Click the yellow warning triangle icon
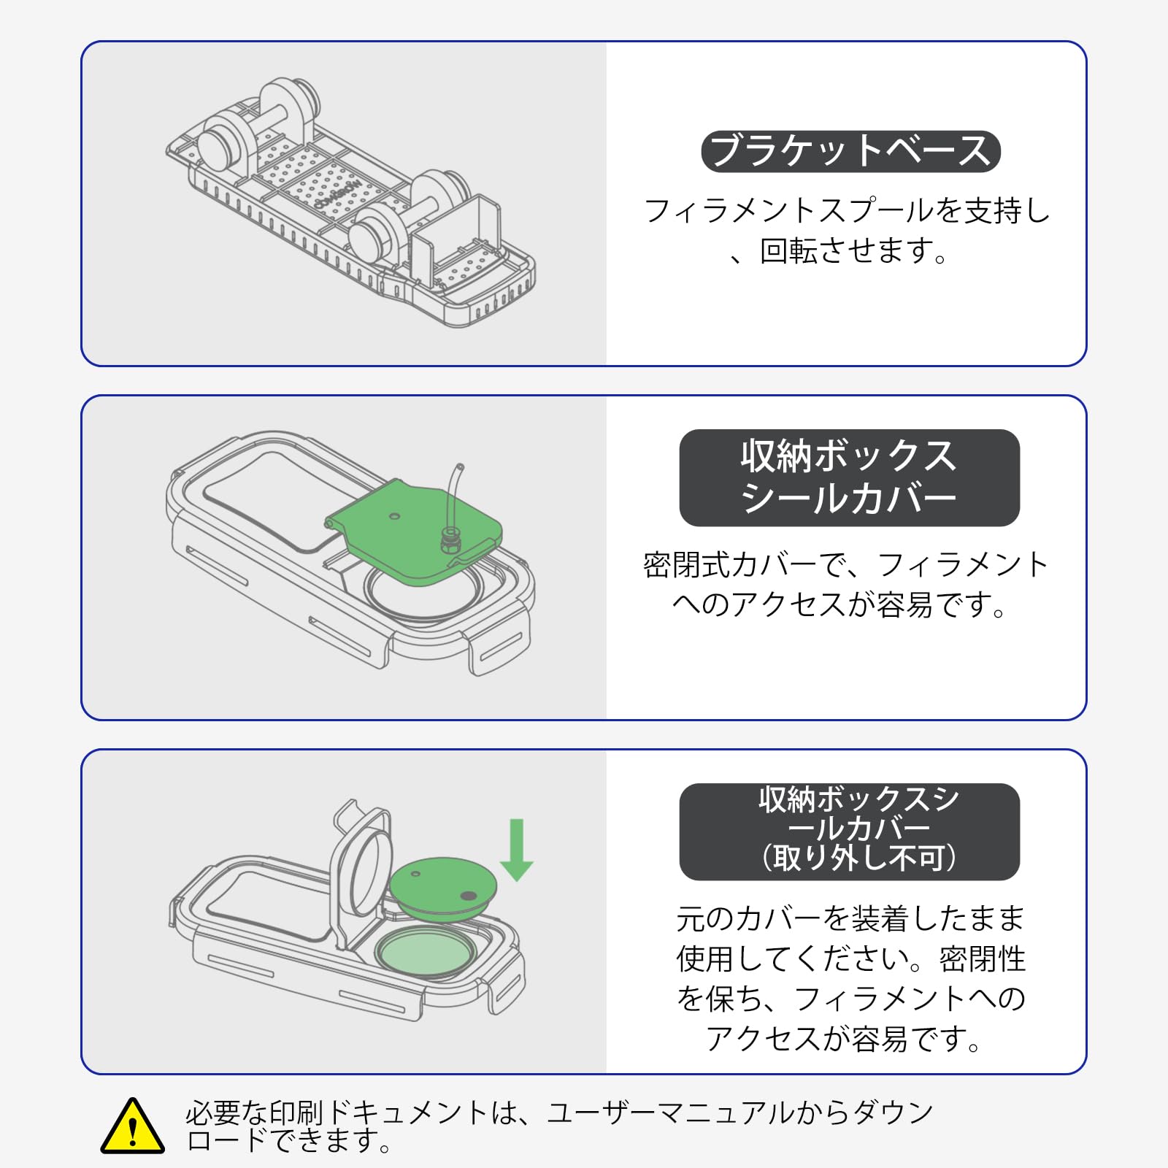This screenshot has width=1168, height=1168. click(x=132, y=1128)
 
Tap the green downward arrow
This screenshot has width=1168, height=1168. click(x=517, y=851)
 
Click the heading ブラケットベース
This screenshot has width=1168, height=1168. click(x=850, y=151)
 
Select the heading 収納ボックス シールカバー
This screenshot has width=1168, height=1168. click(x=849, y=477)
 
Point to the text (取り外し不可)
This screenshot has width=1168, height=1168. click(x=858, y=858)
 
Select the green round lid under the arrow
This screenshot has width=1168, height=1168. click(x=442, y=887)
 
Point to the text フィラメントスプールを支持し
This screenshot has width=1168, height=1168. click(x=847, y=211)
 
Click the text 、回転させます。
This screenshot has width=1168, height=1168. click(x=839, y=251)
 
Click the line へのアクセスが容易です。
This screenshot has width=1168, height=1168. click(x=839, y=605)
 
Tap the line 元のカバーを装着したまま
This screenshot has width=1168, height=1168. click(x=850, y=918)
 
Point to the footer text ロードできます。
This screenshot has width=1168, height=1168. click(x=288, y=1140)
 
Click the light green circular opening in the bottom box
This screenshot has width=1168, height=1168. click(x=426, y=952)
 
